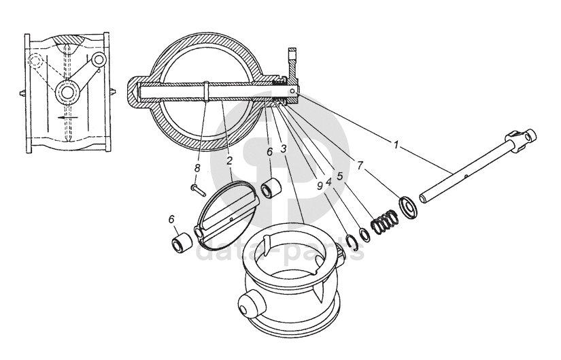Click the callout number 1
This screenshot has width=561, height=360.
pos(396,144)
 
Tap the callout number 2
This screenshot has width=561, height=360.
pos(230,161)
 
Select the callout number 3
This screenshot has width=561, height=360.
pos(283,148)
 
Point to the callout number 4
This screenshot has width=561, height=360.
pos(328,182)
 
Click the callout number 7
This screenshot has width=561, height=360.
pos(360,165)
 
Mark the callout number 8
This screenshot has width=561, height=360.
pos(198,166)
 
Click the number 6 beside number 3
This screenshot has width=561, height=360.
pos(269,152)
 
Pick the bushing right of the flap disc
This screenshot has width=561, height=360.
pos(272,187)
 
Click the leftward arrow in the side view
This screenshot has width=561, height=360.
pos(65,116)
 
